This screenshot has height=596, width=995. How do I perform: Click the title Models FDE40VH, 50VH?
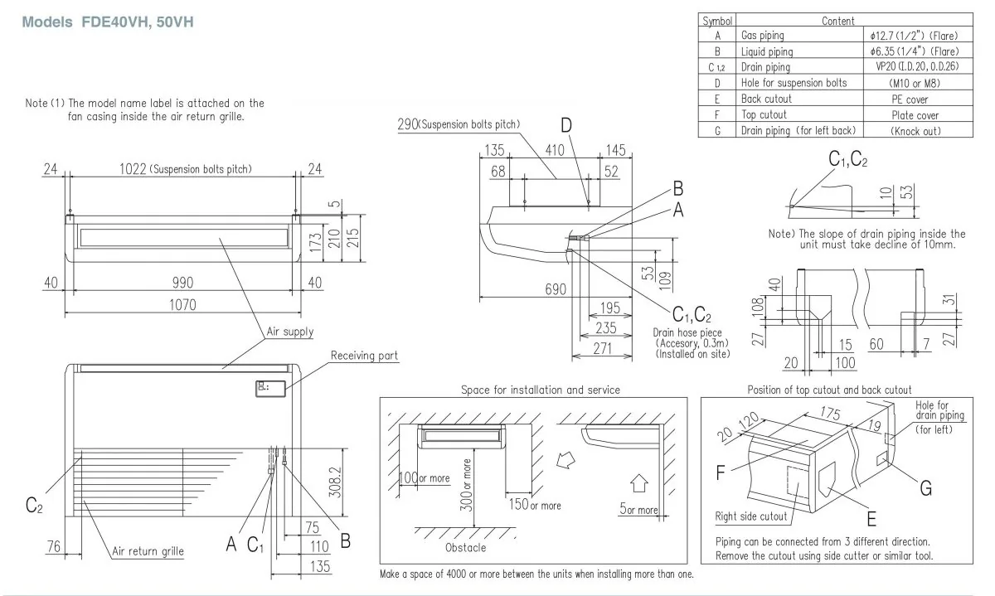click(x=108, y=22)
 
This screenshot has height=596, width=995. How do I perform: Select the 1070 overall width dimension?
click(x=182, y=304)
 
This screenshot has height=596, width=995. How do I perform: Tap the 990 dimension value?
click(x=182, y=283)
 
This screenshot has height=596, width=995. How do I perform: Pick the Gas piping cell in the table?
click(x=762, y=36)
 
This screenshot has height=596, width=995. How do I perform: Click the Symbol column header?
click(x=717, y=21)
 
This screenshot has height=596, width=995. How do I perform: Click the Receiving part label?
click(x=364, y=356)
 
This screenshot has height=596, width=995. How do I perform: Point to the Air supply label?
click(x=289, y=332)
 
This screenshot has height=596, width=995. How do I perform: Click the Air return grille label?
click(x=148, y=550)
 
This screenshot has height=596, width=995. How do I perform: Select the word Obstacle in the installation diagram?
click(x=465, y=547)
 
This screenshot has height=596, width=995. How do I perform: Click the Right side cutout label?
click(x=751, y=516)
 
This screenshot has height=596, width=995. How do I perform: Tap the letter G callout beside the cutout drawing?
click(x=925, y=489)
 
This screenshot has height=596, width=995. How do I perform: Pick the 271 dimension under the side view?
click(x=604, y=349)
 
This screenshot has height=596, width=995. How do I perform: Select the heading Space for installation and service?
click(x=540, y=390)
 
